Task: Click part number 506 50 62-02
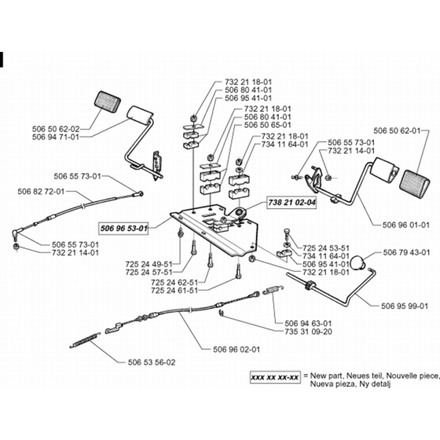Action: [x=56, y=129]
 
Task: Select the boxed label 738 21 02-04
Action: [x=291, y=203]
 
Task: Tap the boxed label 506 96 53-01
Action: [x=124, y=229]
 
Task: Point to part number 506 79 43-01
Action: [x=406, y=252]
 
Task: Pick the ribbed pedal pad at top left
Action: [x=108, y=103]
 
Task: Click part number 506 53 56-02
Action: [x=152, y=362]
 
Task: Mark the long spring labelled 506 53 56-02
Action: [x=85, y=340]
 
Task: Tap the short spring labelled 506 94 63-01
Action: [x=273, y=290]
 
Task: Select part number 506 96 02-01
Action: [x=236, y=350]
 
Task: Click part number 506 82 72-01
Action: [x=41, y=192]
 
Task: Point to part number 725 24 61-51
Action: [x=174, y=290]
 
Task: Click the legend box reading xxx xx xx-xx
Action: [x=275, y=377]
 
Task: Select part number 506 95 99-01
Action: [x=405, y=306]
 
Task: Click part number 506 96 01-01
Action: [x=406, y=225]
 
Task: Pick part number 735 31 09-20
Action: [x=308, y=332]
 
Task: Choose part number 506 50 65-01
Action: [x=268, y=125]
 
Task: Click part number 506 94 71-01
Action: [x=56, y=137]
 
